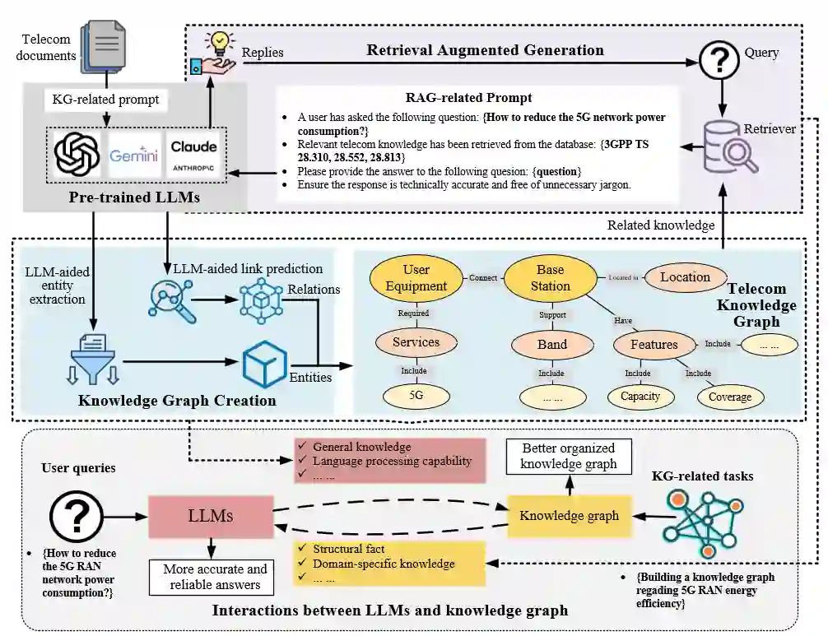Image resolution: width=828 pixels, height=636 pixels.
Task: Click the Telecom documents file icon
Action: click(104, 48)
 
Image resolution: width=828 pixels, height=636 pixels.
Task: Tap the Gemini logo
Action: click(133, 155)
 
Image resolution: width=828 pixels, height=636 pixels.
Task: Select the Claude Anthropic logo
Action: click(193, 155)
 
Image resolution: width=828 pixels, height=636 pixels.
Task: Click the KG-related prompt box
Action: click(105, 100)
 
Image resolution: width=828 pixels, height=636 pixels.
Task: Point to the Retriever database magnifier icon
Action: click(730, 146)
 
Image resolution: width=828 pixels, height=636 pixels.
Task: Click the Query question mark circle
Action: click(719, 61)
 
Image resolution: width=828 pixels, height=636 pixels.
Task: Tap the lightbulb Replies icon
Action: click(213, 53)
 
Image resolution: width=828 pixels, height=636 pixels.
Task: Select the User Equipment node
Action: click(416, 277)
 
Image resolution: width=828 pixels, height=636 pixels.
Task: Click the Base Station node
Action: click(551, 277)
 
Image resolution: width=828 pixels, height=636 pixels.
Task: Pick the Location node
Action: click(686, 277)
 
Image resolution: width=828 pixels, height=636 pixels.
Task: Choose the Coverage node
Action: click(730, 397)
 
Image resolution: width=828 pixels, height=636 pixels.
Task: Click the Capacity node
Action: click(640, 397)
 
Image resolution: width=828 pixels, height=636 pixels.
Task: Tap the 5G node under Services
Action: click(416, 395)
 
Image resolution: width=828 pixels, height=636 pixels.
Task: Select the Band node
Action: click(552, 345)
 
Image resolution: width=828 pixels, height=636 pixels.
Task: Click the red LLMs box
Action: click(211, 516)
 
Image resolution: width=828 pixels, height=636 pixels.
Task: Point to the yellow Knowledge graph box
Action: click(570, 516)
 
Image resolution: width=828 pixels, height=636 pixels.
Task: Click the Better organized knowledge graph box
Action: click(569, 456)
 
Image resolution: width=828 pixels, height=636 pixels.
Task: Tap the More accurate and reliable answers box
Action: click(212, 577)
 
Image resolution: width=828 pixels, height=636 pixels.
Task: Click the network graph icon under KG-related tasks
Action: click(704, 523)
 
